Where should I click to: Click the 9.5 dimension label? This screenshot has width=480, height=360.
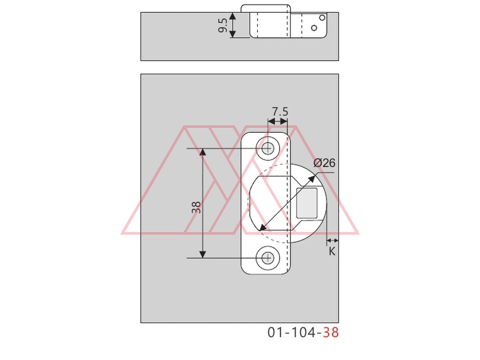tap(223, 26)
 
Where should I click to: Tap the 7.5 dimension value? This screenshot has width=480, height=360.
tap(280, 111)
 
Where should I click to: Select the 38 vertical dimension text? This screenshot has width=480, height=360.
tap(196, 207)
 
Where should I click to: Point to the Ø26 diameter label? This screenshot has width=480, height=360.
tap(324, 163)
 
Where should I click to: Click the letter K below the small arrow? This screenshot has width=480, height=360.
tap(332, 252)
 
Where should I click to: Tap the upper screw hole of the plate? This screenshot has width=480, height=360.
tap(268, 148)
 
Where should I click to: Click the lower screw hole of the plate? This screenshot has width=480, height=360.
tap(268, 258)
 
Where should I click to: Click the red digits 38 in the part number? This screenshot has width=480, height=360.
tap(331, 332)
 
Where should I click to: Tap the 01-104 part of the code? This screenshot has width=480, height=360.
tap(295, 332)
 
